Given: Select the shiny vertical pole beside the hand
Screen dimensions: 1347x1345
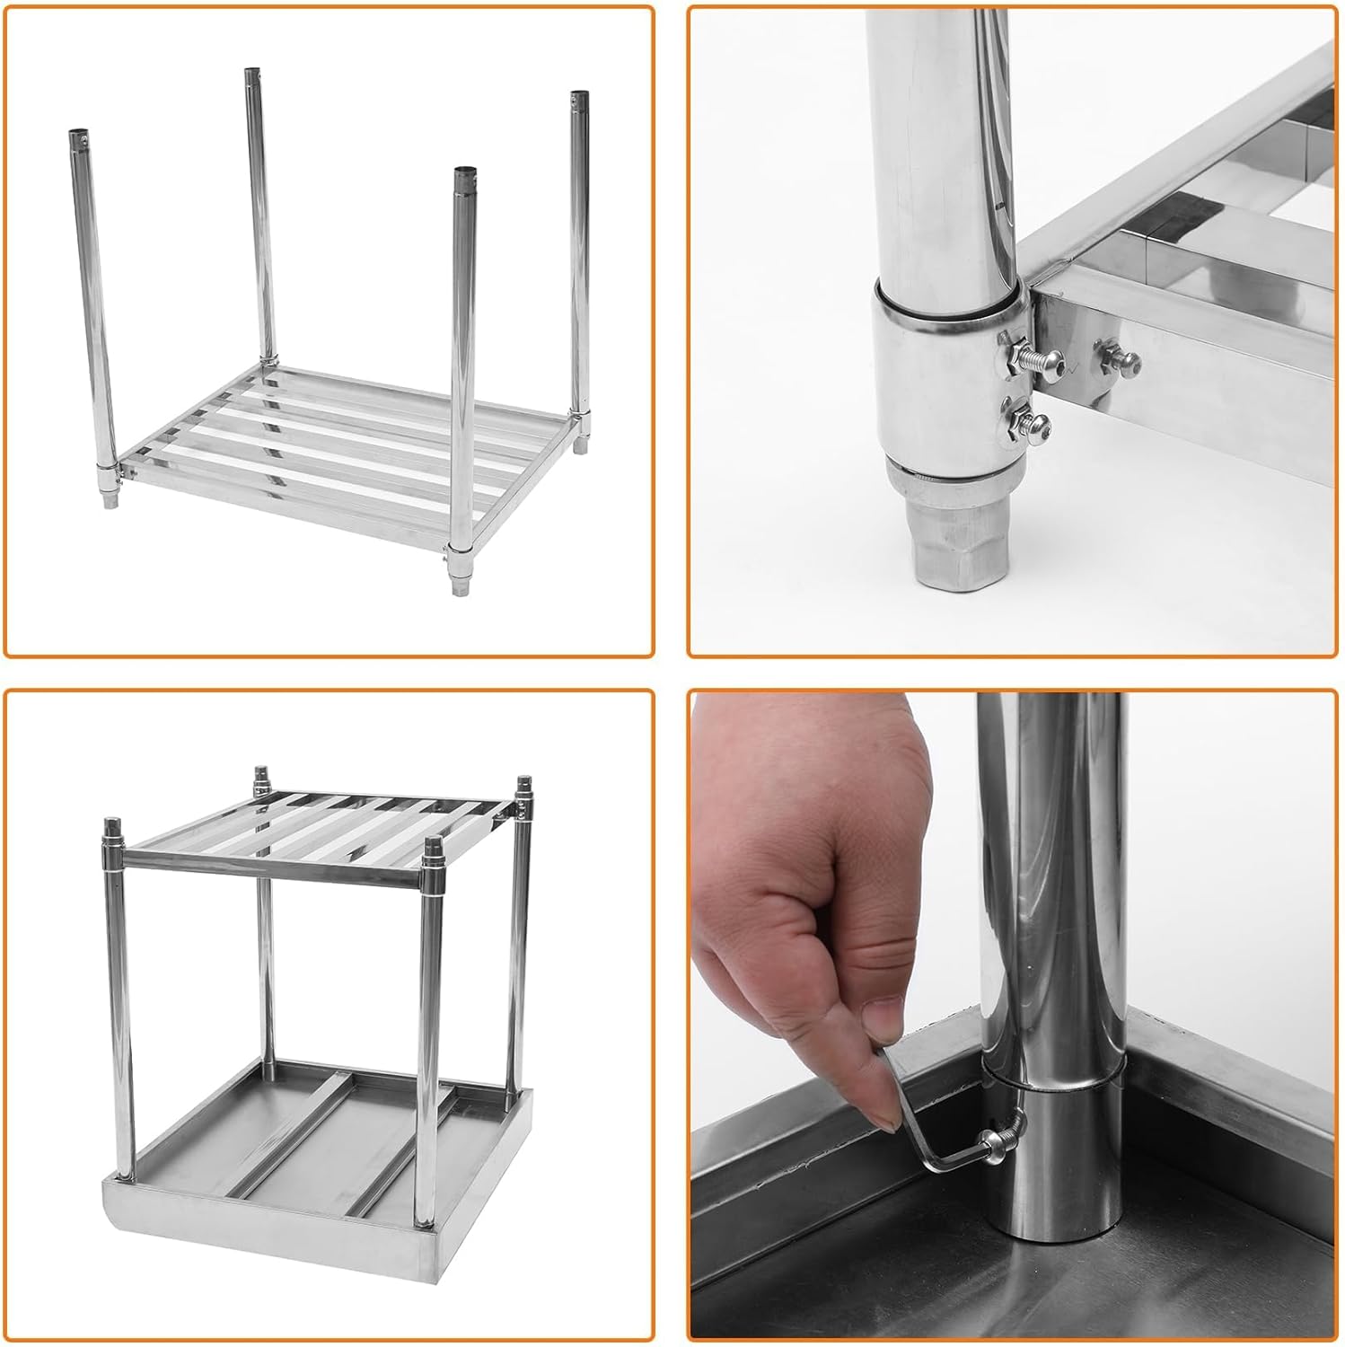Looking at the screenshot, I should [1051, 898].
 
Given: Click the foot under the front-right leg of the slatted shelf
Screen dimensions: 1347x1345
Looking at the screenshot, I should [461, 585].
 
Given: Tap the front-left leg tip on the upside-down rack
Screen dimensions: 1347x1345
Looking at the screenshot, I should [113, 826].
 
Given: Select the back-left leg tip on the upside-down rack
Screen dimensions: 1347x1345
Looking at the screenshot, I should [261, 774].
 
